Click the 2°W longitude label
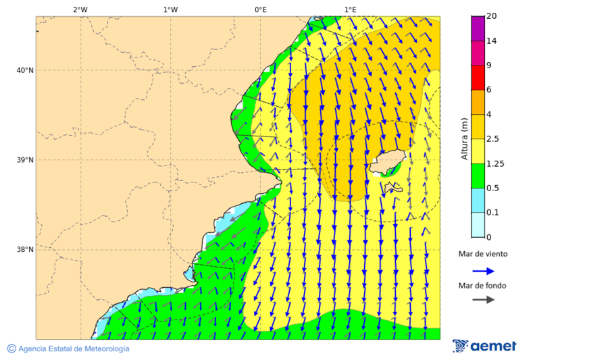pyautogui.click(x=80, y=9)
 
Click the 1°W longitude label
pyautogui.click(x=170, y=9)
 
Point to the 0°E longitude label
pyautogui.click(x=260, y=9)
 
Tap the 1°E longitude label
pyautogui.click(x=350, y=9)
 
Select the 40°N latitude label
pyautogui.click(x=24, y=70)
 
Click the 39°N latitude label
pyautogui.click(x=24, y=160)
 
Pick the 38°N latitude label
pyautogui.click(x=24, y=250)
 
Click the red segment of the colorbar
pyautogui.click(x=478, y=78)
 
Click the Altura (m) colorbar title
pyautogui.click(x=464, y=138)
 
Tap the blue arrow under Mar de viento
pyautogui.click(x=483, y=271)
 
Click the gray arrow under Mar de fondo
pyautogui.click(x=483, y=300)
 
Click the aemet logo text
pyautogui.click(x=493, y=346)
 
